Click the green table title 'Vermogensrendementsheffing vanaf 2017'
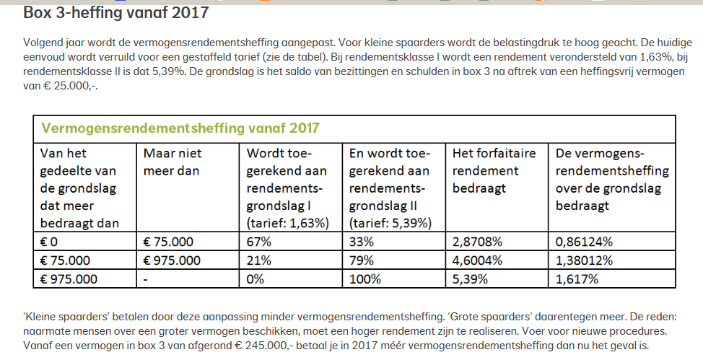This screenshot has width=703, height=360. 180,128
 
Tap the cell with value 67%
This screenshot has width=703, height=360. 259,241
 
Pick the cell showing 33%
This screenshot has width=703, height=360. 362,241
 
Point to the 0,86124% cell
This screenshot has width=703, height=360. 585,241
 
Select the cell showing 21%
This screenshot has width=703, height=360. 258,260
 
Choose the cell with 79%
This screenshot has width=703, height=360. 362,260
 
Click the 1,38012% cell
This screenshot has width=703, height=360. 585,260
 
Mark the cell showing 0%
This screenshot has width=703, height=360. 256,278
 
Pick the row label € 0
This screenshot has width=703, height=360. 50,241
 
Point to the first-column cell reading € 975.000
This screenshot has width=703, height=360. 69,278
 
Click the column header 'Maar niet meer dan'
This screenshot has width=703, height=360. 173,162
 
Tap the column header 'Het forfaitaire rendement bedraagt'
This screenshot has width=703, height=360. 485,170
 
